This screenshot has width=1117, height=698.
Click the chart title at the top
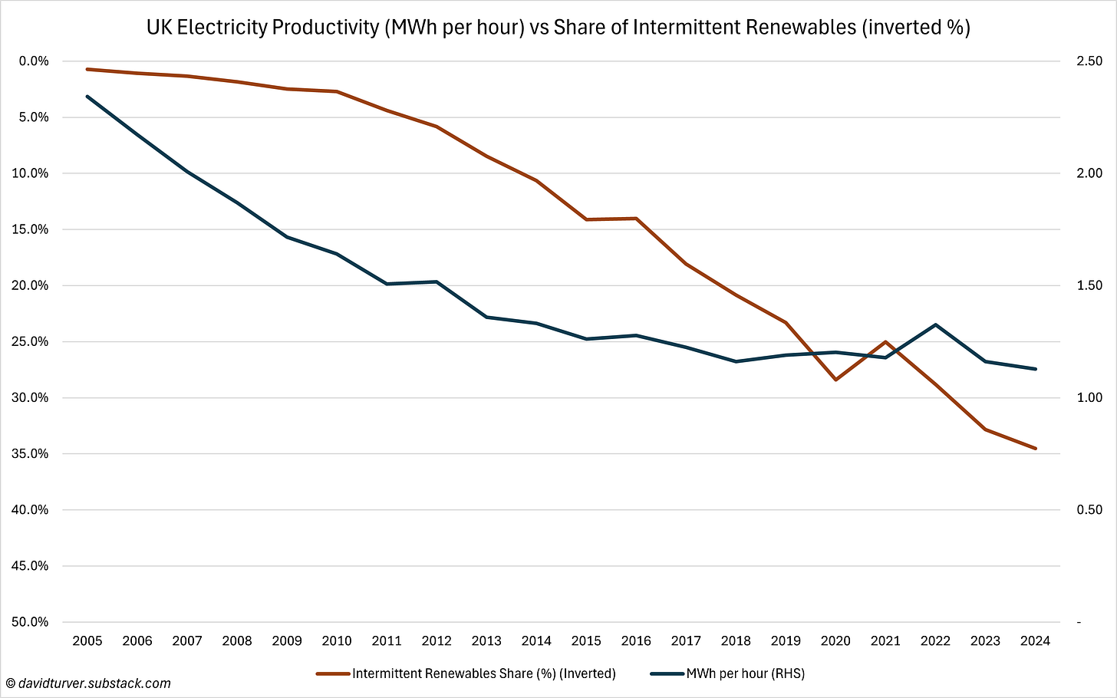pos(558,28)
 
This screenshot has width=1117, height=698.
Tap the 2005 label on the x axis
pos(87,640)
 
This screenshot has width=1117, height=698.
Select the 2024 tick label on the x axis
pos(1035,640)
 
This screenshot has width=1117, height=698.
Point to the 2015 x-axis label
pos(586,640)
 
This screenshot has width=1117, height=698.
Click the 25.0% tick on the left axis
pos(31,341)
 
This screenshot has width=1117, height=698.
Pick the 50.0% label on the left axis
pos(31,622)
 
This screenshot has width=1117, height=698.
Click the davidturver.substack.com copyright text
pos(87,683)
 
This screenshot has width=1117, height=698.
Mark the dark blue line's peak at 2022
pos(935,324)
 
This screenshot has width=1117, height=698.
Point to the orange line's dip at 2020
pos(835,380)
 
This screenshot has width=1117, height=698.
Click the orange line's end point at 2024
pos(1036,448)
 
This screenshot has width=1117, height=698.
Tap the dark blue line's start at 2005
pos(87,97)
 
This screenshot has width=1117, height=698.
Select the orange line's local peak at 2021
pos(885,341)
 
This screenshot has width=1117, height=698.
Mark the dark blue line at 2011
pos(387,284)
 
